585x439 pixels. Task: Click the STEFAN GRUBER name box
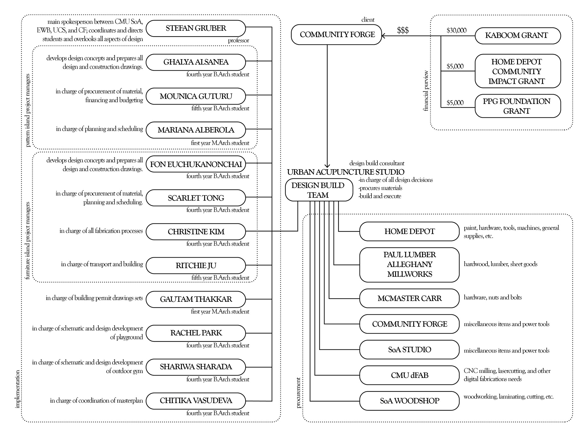tap(196, 28)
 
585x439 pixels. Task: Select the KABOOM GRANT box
tap(518, 36)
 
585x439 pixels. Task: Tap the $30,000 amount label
tap(456, 30)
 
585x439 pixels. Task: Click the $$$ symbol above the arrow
tap(403, 30)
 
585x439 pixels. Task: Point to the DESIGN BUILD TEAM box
tap(319, 190)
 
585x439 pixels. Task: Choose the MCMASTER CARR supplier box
tap(409, 298)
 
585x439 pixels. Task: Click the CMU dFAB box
tap(409, 375)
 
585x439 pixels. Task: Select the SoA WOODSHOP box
tap(409, 401)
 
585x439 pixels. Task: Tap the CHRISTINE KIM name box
tap(196, 232)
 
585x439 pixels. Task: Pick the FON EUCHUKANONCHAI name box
tap(196, 164)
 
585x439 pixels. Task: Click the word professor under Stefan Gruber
tap(238, 41)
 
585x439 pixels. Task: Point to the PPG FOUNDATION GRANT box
tap(518, 106)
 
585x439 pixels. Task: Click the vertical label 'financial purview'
tap(426, 91)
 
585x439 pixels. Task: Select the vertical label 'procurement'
tap(298, 393)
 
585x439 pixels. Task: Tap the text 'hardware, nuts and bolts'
tap(493, 297)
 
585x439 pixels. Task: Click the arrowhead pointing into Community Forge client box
tap(383, 36)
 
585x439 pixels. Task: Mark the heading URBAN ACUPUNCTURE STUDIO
tap(346, 172)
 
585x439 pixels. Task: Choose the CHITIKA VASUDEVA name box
tap(196, 401)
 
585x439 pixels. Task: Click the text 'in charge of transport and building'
tap(102, 264)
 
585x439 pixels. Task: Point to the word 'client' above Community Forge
tap(368, 20)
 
